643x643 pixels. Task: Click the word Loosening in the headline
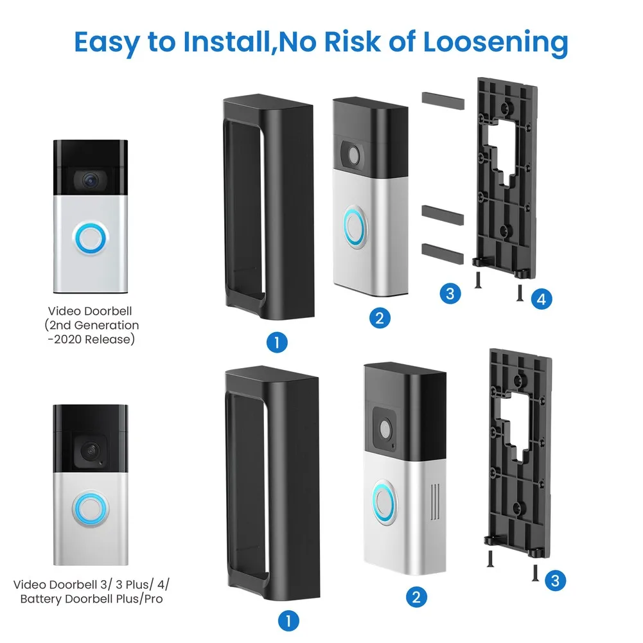click(x=495, y=42)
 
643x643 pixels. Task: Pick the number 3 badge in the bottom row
click(x=554, y=581)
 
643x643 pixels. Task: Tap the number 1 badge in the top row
click(x=276, y=342)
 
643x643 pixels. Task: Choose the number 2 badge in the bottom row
click(x=416, y=597)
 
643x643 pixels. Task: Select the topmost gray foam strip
click(x=443, y=99)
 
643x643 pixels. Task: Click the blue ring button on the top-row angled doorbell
click(x=354, y=225)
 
